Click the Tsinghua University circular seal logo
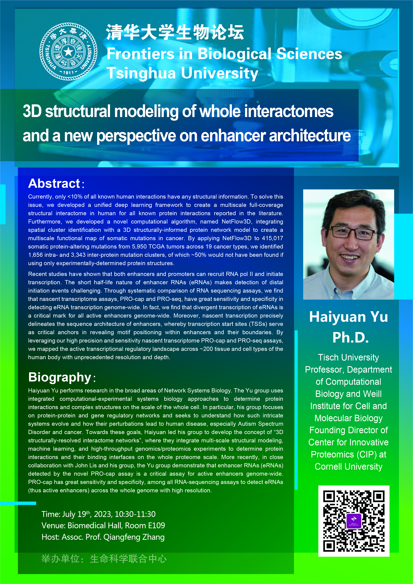68,52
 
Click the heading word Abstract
54,183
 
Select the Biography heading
60,377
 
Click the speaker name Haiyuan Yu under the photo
348,317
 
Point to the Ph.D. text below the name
350,338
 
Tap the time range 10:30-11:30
135,514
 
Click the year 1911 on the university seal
68,73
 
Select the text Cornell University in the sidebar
348,467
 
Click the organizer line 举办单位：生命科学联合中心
104,559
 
